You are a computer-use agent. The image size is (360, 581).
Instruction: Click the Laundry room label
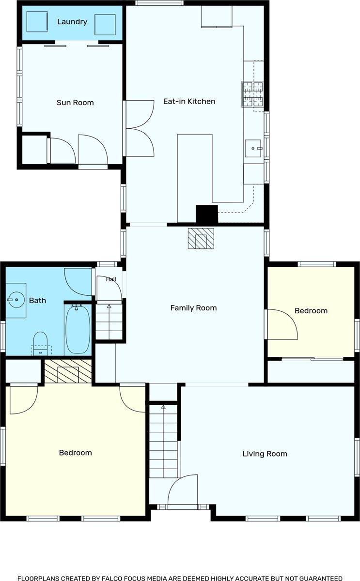click(72, 22)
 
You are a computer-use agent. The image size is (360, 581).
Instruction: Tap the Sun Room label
click(75, 103)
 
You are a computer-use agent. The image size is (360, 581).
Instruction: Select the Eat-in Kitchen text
click(189, 101)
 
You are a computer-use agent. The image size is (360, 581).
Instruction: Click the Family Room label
click(193, 308)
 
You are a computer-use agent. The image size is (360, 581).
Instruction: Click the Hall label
click(111, 279)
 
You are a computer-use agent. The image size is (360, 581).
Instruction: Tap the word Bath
click(37, 300)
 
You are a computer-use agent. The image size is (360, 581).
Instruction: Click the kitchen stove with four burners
click(253, 94)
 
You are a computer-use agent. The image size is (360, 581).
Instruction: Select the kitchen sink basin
click(253, 148)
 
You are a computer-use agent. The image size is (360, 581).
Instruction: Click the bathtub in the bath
click(78, 329)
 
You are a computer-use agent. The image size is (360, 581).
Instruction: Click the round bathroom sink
click(16, 300)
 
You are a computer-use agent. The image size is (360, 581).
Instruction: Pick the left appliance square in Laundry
click(37, 21)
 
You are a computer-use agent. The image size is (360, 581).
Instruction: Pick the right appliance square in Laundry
click(105, 25)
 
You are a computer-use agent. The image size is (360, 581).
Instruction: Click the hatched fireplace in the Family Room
click(201, 239)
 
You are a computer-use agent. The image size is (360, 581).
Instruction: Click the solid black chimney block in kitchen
click(207, 214)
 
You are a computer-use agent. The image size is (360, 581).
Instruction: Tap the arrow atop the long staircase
click(163, 407)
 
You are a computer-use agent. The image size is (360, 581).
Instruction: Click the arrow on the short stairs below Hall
click(109, 306)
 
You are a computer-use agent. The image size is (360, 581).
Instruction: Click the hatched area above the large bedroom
click(68, 371)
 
